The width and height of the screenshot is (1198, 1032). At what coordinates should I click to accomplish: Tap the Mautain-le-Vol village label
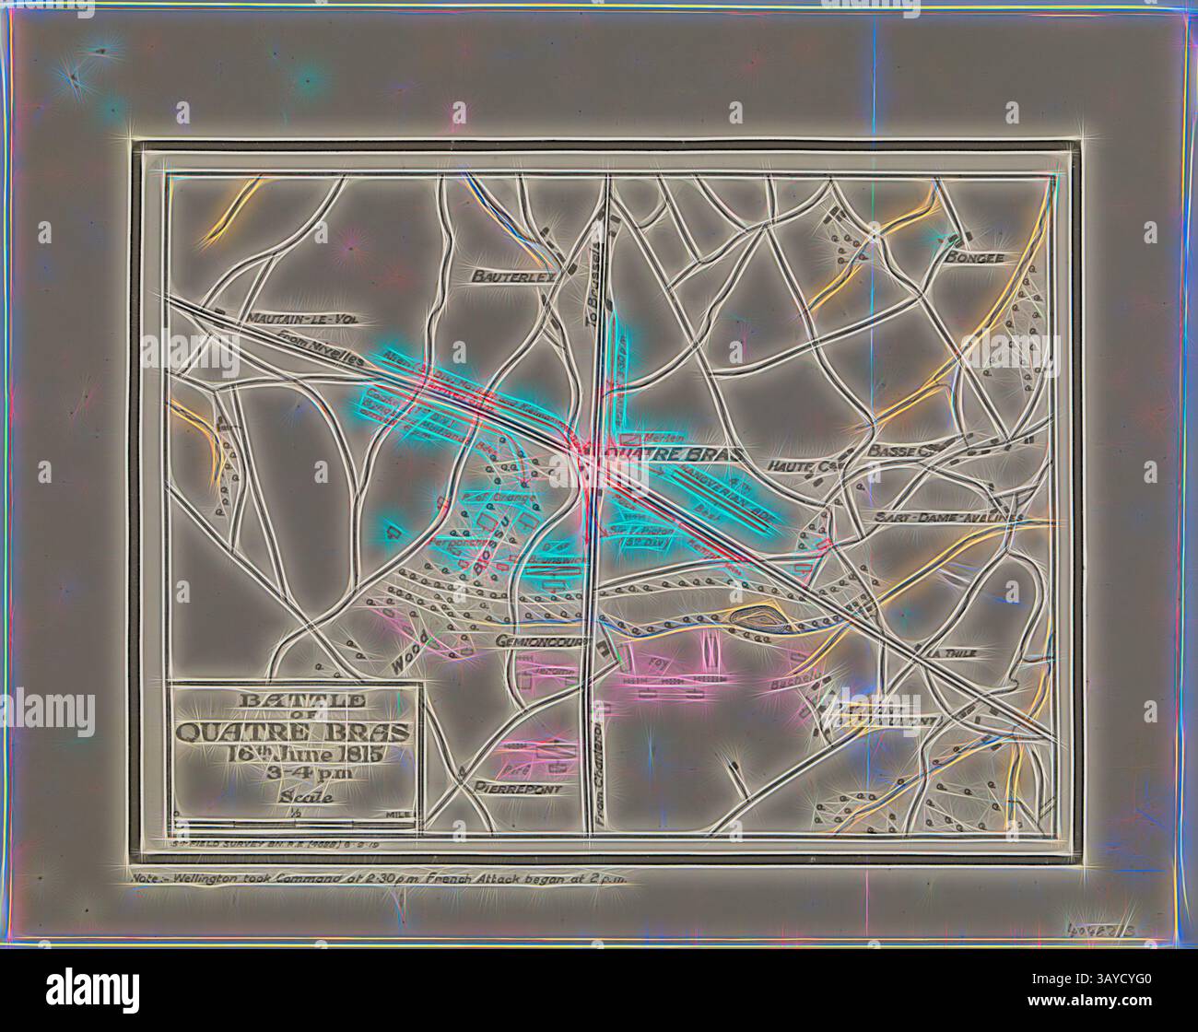299,319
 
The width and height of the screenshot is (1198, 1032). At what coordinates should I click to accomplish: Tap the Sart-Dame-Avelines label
949,519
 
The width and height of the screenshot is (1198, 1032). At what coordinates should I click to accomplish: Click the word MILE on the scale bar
401,815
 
